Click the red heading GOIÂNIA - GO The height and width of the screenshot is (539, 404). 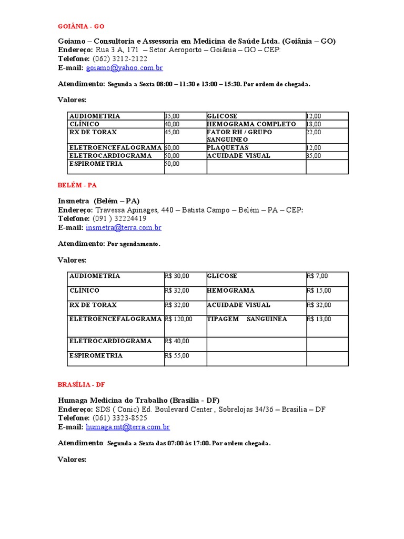pos(84,26)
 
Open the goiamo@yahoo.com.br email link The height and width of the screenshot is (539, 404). pos(125,68)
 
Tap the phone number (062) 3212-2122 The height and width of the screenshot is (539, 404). pos(120,59)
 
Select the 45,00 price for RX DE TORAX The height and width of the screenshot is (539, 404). pos(172,132)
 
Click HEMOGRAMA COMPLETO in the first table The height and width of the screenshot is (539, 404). pos(251,124)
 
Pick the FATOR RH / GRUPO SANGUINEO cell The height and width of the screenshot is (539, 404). pos(239,136)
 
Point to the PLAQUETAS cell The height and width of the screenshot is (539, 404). pos(228,148)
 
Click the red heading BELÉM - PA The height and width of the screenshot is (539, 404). pos(77,185)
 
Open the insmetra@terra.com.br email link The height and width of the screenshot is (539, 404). pos(124,228)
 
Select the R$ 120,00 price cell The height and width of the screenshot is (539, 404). pos(178,319)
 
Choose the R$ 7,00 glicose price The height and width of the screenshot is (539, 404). pos(317,276)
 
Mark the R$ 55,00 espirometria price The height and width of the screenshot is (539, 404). pos(177,355)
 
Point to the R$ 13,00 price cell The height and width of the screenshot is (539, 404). pos(319,319)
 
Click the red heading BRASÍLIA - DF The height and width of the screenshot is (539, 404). pos(82,385)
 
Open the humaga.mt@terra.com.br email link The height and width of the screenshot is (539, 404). pos(128,427)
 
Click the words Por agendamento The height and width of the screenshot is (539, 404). pos(134,244)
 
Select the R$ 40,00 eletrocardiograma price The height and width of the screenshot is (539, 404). pos(177,341)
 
